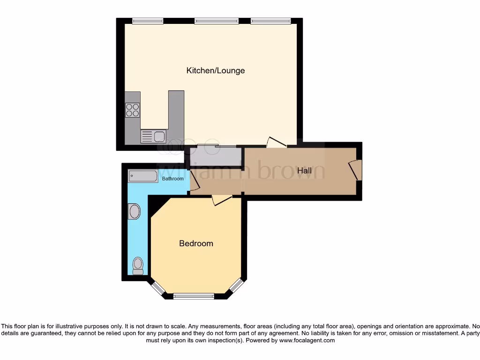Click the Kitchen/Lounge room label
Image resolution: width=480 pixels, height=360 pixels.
pyautogui.click(x=216, y=71)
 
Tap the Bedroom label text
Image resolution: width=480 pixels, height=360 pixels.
pyautogui.click(x=196, y=243)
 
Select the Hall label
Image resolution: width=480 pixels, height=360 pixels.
pyautogui.click(x=304, y=171)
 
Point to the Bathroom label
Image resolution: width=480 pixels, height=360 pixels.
pyautogui.click(x=172, y=179)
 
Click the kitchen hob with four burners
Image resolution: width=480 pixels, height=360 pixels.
pyautogui.click(x=133, y=110)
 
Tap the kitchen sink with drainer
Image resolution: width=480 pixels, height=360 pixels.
pyautogui.click(x=153, y=136)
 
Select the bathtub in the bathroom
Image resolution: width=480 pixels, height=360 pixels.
pyautogui.click(x=143, y=176)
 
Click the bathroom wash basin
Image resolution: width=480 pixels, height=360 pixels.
pyautogui.click(x=134, y=211)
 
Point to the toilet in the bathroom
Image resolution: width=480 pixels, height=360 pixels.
pyautogui.click(x=138, y=265)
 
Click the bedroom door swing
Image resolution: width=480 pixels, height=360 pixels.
pyautogui.click(x=221, y=200)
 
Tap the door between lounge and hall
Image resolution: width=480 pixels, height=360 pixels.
pyautogui.click(x=276, y=142)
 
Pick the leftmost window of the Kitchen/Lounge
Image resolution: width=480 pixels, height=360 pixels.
pyautogui.click(x=147, y=21)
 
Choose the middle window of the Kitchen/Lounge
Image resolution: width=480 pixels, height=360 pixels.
pyautogui.click(x=216, y=21)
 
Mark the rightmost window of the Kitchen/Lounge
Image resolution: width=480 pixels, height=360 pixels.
pyautogui.click(x=270, y=21)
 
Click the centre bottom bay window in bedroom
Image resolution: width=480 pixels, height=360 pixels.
pyautogui.click(x=194, y=296)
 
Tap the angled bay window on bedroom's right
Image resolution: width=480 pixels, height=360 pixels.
pyautogui.click(x=237, y=286)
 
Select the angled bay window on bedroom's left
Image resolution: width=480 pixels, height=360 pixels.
pyautogui.click(x=158, y=288)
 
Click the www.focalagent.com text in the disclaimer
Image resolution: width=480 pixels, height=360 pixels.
pyautogui.click(x=307, y=340)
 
